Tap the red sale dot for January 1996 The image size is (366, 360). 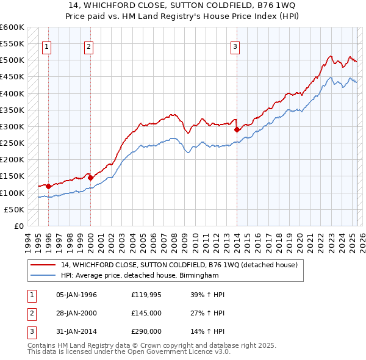tap(48, 186)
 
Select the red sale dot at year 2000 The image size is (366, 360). tap(90, 178)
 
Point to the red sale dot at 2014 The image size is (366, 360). tap(237, 130)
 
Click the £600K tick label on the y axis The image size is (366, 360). tap(12, 27)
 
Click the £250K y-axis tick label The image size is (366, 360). tap(12, 143)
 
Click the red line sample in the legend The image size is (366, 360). tap(45, 265)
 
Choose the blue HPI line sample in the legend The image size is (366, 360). tap(45, 275)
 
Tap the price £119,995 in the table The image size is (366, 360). tap(147, 295)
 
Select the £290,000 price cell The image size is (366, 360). tap(146, 331)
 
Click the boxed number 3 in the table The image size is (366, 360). tap(31, 331)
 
